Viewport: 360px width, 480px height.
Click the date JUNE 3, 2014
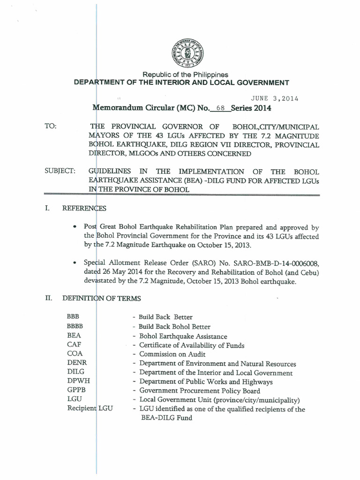click(x=275, y=98)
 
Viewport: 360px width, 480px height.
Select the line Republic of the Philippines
click(x=185, y=75)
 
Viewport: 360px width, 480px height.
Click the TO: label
click(x=51, y=127)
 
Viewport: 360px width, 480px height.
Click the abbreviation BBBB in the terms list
click(x=76, y=327)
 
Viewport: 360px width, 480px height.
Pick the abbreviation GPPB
click(x=77, y=390)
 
